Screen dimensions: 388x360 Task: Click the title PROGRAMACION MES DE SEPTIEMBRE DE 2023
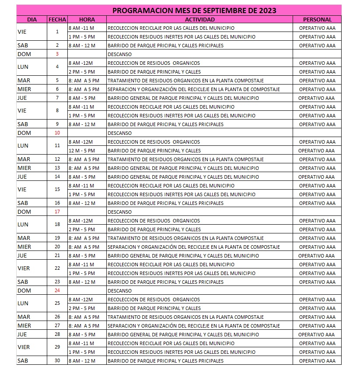(194, 11)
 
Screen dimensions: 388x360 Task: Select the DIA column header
(32, 19)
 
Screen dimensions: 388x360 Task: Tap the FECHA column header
(57, 19)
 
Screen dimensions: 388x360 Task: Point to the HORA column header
(87, 19)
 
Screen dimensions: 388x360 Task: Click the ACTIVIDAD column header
(200, 19)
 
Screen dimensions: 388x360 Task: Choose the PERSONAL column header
(317, 19)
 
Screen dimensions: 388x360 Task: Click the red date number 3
(57, 54)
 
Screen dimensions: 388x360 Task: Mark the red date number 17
(57, 212)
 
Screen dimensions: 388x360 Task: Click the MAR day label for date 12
(24, 159)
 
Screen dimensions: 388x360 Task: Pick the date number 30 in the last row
(57, 361)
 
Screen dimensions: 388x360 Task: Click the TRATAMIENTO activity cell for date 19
(185, 238)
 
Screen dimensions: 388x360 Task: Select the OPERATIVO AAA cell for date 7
(316, 98)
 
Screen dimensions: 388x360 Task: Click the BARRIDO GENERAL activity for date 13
(183, 168)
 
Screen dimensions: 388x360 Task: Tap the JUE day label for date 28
(22, 335)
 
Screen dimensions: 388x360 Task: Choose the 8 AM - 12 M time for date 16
(81, 203)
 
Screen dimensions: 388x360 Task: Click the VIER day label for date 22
(24, 268)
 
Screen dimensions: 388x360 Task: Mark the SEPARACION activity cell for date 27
(193, 326)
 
